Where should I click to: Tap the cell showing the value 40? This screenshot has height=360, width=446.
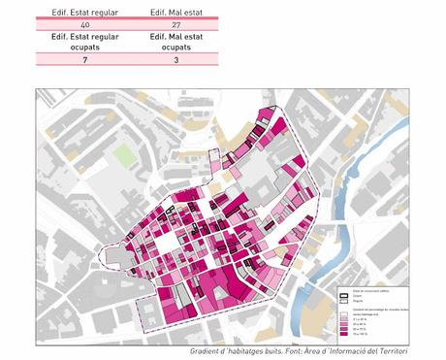pyautogui.click(x=84, y=23)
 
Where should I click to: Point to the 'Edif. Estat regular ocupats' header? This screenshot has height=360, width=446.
pyautogui.click(x=84, y=41)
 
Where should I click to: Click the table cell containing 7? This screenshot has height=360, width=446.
pyautogui.click(x=84, y=60)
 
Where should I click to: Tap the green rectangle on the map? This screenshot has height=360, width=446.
pyautogui.click(x=125, y=155)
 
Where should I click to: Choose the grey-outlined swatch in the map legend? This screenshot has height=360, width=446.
pyautogui.click(x=343, y=302)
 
